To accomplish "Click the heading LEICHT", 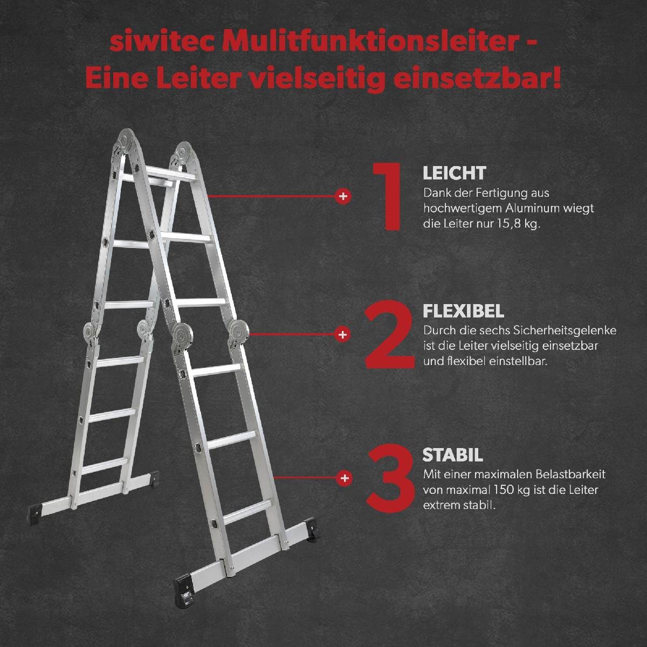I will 454,173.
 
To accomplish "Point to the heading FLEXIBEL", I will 463,311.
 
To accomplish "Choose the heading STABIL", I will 452,455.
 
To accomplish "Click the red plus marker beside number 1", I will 342,196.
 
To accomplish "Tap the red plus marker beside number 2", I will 342,334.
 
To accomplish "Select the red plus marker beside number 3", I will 344,478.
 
